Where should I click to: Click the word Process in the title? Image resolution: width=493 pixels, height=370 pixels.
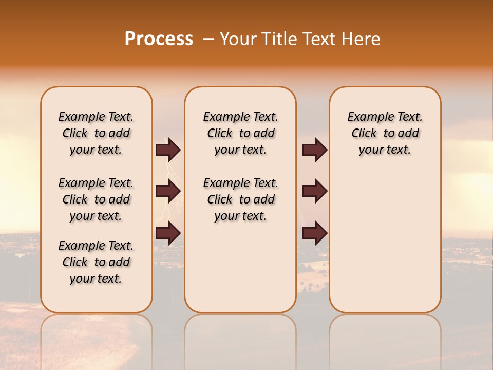pos(159,39)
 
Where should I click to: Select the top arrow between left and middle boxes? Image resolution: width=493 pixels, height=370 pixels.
pos(168,150)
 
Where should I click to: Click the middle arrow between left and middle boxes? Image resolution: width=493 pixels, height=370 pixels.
pos(168,191)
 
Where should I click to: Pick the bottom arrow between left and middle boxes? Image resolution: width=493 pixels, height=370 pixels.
pos(168,233)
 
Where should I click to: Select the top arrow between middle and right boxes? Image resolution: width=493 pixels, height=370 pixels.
pos(314,150)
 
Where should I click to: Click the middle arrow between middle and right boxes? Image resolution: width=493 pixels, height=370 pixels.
pos(314,191)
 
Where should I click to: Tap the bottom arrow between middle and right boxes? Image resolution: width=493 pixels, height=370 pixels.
pos(314,233)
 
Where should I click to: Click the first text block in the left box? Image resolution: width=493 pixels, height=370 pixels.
pos(96,133)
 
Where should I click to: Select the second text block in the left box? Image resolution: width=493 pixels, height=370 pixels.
pos(96,199)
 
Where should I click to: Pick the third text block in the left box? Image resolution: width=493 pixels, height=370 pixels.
pos(96,262)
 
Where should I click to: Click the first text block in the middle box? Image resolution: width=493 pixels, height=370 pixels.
pos(240,133)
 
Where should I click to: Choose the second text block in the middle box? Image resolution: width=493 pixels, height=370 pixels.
pos(240,199)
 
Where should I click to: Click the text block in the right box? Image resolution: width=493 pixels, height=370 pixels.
pos(385,133)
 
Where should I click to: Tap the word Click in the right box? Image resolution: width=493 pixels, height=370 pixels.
pos(364,134)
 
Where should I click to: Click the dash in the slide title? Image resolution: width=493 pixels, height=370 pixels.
pos(208,39)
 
